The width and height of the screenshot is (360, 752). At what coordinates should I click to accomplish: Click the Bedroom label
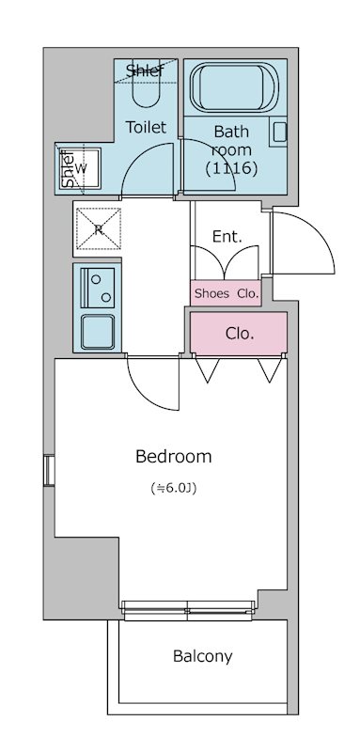click(x=174, y=456)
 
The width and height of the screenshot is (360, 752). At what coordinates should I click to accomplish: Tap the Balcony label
click(x=203, y=656)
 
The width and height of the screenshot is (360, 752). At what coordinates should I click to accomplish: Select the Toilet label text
click(x=146, y=127)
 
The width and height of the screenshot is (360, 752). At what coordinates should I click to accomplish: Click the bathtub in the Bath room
click(x=234, y=87)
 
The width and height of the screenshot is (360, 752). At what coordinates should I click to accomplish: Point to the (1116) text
click(x=231, y=168)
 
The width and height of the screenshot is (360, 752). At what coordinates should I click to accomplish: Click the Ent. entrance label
click(x=227, y=237)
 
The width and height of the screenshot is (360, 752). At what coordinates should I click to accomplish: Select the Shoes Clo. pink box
click(x=226, y=293)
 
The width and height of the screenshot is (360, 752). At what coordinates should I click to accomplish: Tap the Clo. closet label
click(x=240, y=335)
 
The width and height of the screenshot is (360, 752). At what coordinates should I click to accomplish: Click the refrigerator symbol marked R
click(x=99, y=228)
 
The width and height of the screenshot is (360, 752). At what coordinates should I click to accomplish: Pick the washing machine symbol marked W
click(x=81, y=168)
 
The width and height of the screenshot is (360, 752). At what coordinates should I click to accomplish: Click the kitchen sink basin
click(x=98, y=332)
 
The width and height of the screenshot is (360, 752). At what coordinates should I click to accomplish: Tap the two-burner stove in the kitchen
click(x=98, y=288)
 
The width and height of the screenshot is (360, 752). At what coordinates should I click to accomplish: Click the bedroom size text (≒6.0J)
click(x=174, y=489)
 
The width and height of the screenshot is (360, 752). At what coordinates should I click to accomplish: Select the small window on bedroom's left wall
click(x=49, y=471)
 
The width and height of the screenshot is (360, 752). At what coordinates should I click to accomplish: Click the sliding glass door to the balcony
click(x=187, y=610)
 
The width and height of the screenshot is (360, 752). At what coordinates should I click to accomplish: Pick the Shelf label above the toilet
click(x=145, y=70)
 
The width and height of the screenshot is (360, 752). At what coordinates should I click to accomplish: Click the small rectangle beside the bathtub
click(x=279, y=132)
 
